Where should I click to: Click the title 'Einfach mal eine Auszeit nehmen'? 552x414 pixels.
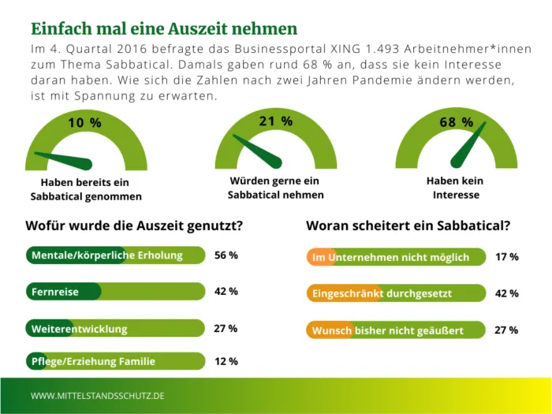tap(164, 29)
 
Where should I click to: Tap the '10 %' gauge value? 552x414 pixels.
tap(84, 123)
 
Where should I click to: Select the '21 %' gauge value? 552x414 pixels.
tap(275, 121)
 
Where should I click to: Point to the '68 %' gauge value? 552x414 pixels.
tap(457, 123)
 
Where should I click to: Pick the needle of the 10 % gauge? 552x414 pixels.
tap(66, 159)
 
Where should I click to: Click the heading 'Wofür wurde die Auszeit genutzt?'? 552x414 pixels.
tap(134, 226)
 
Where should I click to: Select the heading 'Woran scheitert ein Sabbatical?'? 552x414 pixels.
tap(408, 226)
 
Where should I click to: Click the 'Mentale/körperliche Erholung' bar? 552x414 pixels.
tap(116, 255)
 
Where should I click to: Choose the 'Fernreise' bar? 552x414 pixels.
tap(116, 292)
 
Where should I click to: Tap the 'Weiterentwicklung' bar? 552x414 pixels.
tap(116, 328)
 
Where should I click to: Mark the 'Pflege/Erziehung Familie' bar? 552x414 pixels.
tap(116, 361)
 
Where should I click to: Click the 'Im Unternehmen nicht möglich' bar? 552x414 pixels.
tap(395, 257)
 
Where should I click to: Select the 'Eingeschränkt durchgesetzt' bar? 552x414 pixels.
tap(395, 293)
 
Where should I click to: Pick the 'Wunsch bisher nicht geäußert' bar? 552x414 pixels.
tap(395, 330)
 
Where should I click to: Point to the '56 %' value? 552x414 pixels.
tap(226, 255)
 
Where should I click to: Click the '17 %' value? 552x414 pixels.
tap(506, 257)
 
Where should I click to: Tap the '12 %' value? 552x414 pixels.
tap(226, 361)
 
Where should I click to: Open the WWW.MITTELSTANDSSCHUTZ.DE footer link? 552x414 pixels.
tap(98, 394)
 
